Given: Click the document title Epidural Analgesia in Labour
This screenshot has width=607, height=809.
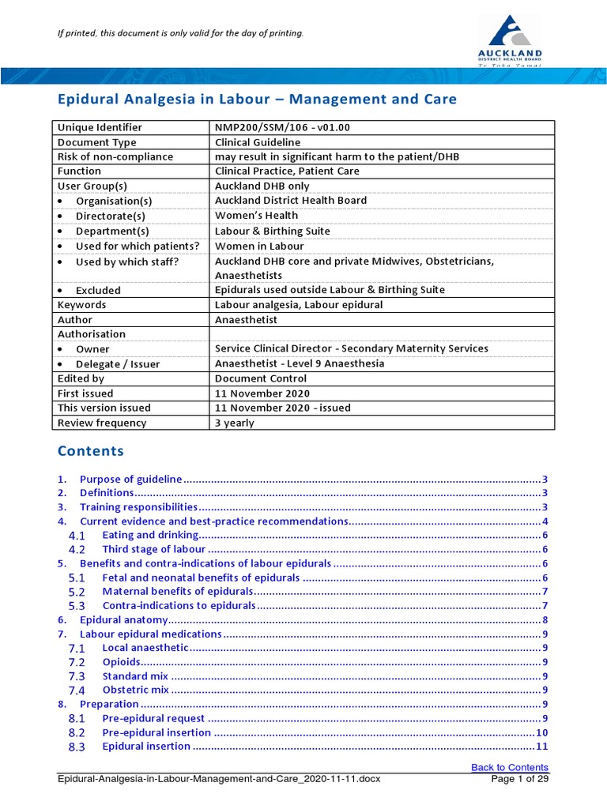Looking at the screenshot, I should click(257, 100).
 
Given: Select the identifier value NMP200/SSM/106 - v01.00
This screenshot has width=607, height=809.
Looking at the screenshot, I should click(272, 127).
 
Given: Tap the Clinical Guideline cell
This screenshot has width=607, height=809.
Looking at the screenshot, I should click(258, 142).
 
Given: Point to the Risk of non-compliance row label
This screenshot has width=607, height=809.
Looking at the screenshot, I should click(115, 156).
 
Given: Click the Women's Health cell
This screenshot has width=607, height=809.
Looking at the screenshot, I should click(256, 215).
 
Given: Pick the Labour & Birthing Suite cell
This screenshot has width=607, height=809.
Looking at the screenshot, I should click(273, 231).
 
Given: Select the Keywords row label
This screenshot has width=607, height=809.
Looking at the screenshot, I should click(81, 304).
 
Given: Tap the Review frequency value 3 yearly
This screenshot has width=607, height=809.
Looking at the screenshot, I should click(235, 423).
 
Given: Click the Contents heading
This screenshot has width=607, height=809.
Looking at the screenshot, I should click(91, 451).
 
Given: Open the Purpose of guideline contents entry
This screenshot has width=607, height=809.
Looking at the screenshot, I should click(130, 479).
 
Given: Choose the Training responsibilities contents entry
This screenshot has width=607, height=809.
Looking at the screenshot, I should click(138, 506).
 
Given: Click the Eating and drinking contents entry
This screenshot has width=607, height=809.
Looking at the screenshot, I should click(150, 535).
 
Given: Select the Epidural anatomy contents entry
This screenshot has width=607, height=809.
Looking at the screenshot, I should click(124, 620).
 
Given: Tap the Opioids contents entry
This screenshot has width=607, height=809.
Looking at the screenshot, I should click(122, 662).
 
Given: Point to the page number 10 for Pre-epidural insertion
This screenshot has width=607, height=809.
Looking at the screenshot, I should click(541, 732).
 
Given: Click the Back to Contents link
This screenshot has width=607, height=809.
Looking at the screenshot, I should click(509, 767).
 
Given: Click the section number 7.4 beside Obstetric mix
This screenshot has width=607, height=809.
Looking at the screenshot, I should click(77, 690).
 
